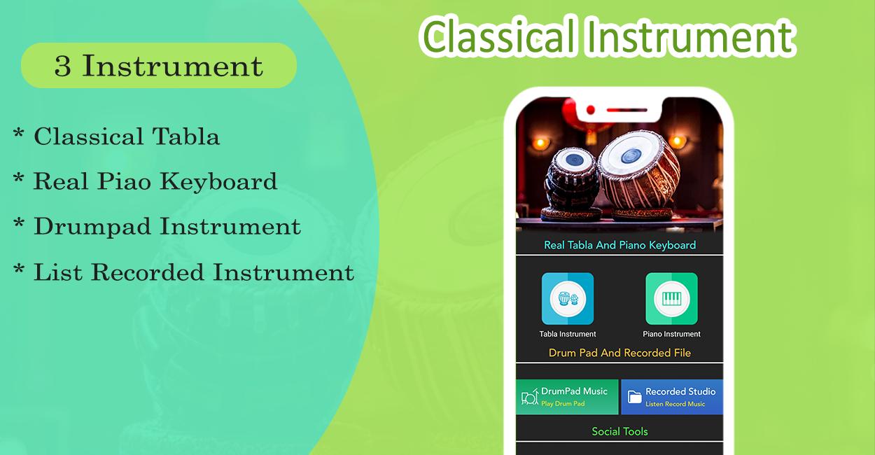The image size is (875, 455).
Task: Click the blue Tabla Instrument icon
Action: (x=568, y=299)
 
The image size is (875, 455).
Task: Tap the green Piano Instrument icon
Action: (x=671, y=299)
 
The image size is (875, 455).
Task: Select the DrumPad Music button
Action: (x=567, y=397)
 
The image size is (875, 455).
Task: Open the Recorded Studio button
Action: (x=672, y=397)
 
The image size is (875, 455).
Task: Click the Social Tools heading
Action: (x=619, y=431)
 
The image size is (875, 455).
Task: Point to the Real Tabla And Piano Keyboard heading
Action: (x=620, y=245)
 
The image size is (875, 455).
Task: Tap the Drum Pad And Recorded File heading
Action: (x=620, y=353)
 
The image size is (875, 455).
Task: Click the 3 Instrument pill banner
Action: (x=159, y=65)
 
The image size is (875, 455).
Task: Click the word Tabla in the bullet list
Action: (x=185, y=136)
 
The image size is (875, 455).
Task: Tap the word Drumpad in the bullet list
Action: (x=92, y=227)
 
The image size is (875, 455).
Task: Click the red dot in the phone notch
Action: (x=591, y=110)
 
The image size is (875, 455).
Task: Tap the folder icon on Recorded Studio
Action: (x=635, y=397)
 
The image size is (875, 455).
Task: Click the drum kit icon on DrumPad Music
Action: (x=530, y=396)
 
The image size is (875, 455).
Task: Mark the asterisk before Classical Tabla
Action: (x=18, y=132)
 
